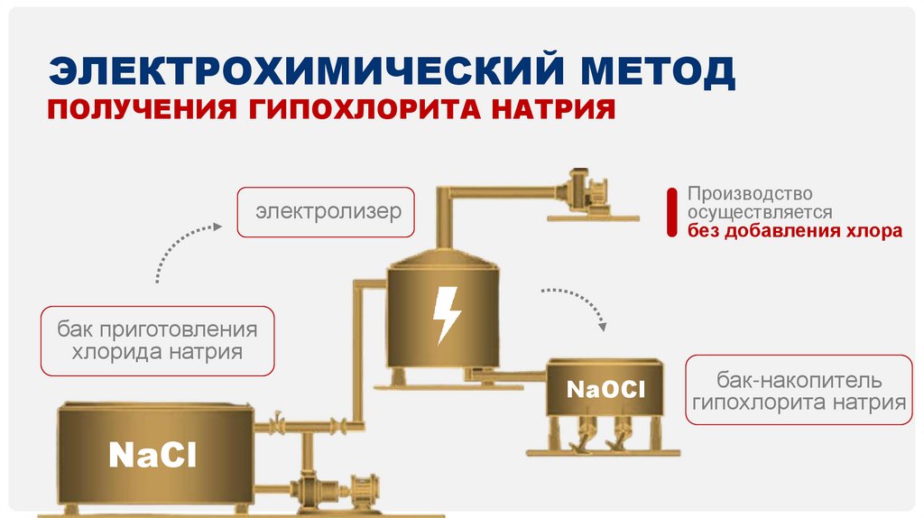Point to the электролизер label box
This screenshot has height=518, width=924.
327,213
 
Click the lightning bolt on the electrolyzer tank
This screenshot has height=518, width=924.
446,315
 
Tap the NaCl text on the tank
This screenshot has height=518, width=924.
152,454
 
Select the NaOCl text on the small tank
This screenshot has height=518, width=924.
605,390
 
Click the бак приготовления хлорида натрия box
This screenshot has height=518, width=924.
157,340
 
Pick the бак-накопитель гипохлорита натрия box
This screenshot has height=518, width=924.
799,391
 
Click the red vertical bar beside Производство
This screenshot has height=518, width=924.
670,212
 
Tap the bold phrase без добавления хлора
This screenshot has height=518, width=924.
794,230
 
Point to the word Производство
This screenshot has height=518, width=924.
750,194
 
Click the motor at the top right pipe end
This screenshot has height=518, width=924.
584,190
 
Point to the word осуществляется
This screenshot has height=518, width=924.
759,212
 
